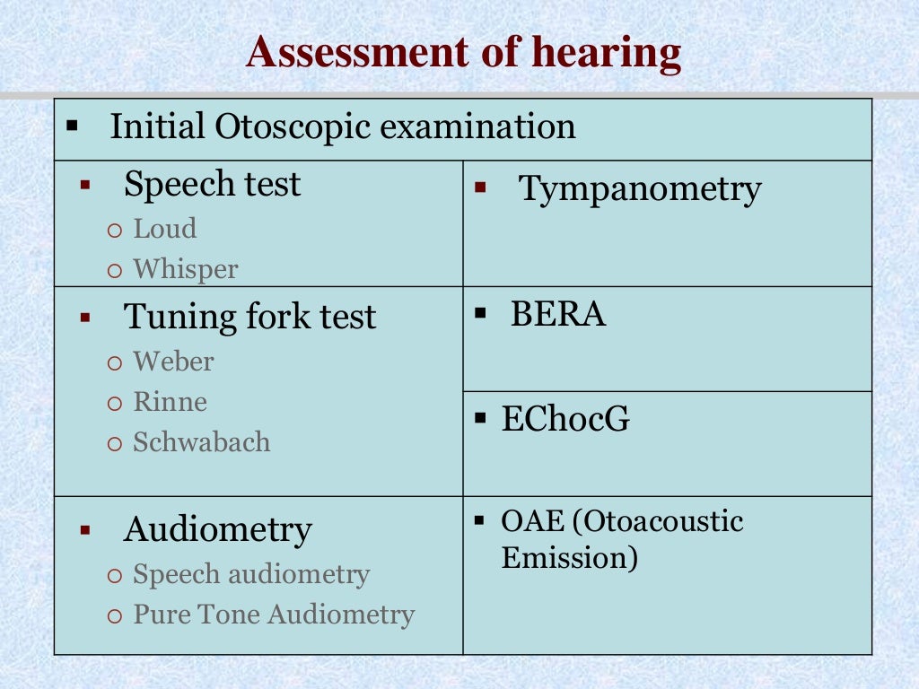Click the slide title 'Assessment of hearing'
(464, 52)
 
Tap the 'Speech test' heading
(212, 184)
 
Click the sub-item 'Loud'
(165, 229)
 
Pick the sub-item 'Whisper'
(186, 269)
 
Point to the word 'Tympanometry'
(640, 189)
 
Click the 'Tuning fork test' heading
(249, 317)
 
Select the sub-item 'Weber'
(174, 362)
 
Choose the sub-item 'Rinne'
(171, 402)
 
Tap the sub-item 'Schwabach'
(202, 441)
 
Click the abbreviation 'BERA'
(558, 314)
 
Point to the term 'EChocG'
(565, 419)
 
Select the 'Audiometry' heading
(218, 529)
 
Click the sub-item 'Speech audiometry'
(251, 574)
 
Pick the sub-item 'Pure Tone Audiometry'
(274, 615)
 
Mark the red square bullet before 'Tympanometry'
(480, 188)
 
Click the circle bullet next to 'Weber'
(113, 362)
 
